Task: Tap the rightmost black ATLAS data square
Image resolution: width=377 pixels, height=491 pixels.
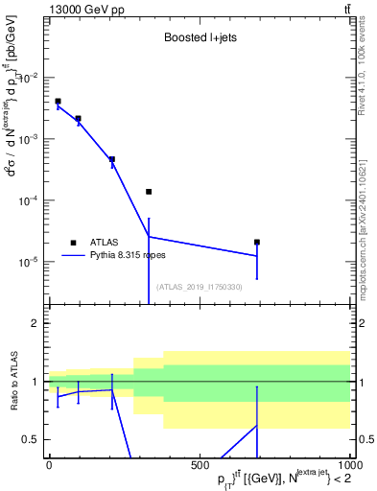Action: (x=257, y=243)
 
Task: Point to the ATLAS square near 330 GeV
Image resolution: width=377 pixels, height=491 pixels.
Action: (x=149, y=192)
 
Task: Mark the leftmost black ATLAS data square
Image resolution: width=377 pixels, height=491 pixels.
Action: (x=58, y=101)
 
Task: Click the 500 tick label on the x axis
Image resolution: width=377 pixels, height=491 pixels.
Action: (x=199, y=464)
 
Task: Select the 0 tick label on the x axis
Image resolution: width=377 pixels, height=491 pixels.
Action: (x=48, y=464)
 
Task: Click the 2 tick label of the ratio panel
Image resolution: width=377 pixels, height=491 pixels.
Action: (x=36, y=324)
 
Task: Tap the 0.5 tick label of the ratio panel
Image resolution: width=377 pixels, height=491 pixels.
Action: (x=33, y=439)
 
